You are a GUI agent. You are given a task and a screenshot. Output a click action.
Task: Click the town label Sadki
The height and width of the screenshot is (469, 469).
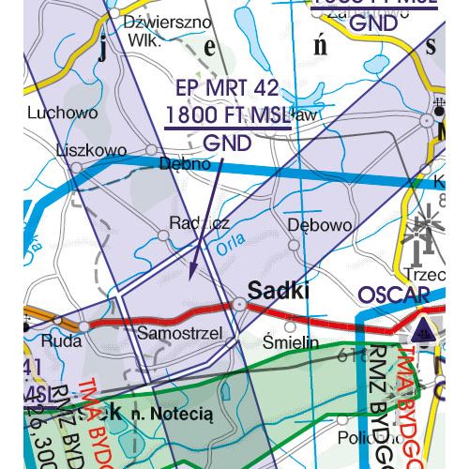point(279,290)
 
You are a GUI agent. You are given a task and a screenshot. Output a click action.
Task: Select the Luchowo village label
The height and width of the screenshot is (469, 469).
point(64,113)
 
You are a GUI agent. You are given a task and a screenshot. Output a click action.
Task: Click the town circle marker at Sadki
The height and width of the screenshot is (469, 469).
point(240,304)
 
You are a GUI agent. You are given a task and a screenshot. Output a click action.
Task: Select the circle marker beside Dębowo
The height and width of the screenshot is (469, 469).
point(295,245)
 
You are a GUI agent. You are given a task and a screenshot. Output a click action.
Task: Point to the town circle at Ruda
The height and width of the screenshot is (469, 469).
point(83,325)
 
